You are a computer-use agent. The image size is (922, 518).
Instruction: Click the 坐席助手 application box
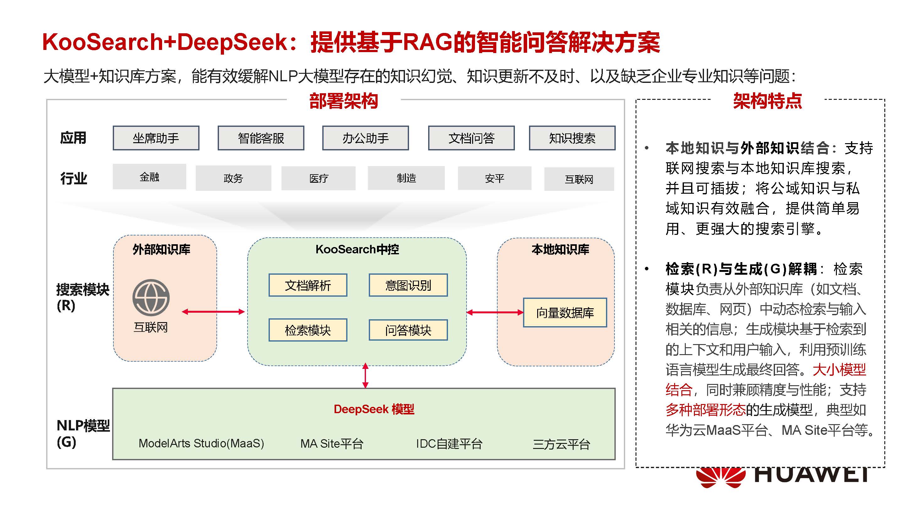click(156, 138)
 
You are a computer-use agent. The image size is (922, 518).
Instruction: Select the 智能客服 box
click(261, 138)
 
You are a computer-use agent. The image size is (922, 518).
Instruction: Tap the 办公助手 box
click(365, 138)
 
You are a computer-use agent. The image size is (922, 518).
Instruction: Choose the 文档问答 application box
click(472, 138)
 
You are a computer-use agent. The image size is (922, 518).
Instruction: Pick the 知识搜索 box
click(572, 138)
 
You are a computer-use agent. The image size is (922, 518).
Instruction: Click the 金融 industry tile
click(149, 177)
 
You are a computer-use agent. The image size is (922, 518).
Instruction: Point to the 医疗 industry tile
click(319, 178)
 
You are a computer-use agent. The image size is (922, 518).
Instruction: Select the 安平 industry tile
click(495, 178)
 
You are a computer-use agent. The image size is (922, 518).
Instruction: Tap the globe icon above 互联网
click(151, 298)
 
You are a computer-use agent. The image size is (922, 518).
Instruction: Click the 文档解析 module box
click(308, 285)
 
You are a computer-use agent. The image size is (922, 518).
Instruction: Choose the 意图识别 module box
click(408, 285)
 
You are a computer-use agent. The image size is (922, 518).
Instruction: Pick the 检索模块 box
click(308, 330)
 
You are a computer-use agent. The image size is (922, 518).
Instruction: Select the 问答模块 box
click(408, 330)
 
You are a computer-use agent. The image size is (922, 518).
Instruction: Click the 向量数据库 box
click(565, 313)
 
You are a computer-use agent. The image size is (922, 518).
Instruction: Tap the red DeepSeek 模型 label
click(374, 409)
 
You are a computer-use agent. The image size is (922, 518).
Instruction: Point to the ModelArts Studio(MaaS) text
click(201, 444)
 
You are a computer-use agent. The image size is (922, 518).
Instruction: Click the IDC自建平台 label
click(449, 444)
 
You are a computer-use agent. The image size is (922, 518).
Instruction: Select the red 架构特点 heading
click(767, 100)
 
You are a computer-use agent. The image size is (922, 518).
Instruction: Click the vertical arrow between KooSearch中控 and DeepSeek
click(365, 375)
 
